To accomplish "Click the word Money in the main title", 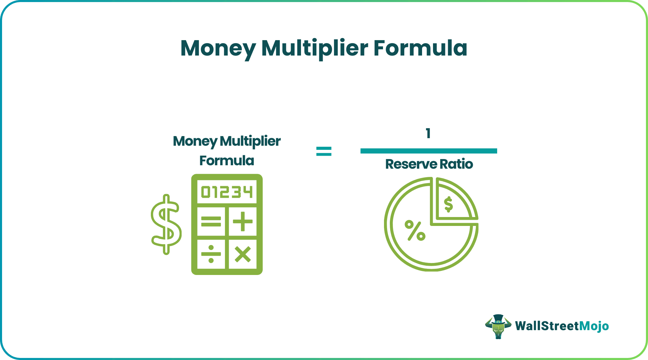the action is click(218, 48).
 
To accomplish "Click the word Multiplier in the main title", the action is click(315, 48).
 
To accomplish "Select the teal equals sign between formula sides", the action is click(324, 151).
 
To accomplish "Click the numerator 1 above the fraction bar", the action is click(428, 133).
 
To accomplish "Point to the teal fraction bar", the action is click(429, 151).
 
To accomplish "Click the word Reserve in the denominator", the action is click(411, 164).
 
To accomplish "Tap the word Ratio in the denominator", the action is click(456, 164).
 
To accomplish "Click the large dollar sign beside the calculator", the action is click(166, 225).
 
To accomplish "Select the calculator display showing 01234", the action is click(227, 192).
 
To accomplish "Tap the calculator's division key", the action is click(211, 254).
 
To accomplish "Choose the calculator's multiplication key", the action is click(243, 254).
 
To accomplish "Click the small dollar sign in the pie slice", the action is click(448, 205).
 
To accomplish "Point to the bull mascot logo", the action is click(499, 326).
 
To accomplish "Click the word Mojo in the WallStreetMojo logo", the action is click(594, 326).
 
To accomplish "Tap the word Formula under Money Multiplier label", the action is click(227, 160).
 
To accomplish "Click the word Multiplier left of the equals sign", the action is click(250, 141).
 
